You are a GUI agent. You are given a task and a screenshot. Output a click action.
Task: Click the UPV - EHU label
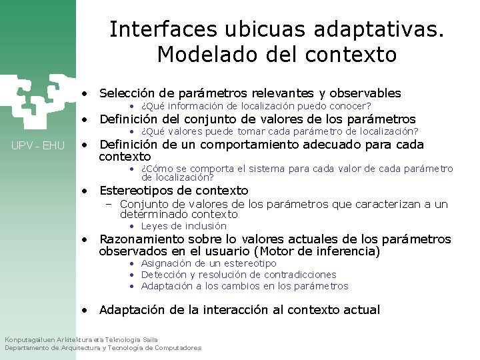(38, 145)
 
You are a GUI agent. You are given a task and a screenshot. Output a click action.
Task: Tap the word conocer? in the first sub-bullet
(349, 106)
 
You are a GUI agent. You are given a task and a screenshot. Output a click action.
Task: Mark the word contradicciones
(300, 275)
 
